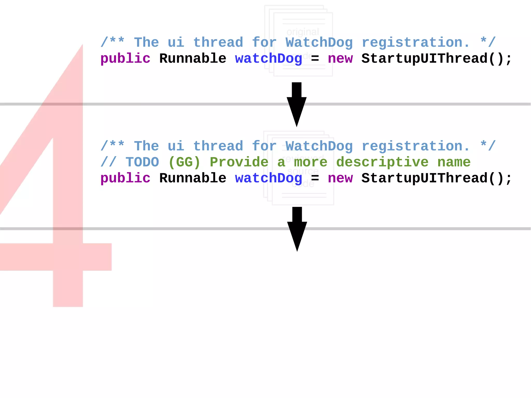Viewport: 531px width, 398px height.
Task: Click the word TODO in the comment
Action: pyautogui.click(x=142, y=162)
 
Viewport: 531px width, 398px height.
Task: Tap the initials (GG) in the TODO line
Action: pyautogui.click(x=184, y=162)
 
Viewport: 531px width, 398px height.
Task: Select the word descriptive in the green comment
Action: pyautogui.click(x=382, y=162)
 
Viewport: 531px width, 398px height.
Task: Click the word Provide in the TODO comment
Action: pyautogui.click(x=239, y=162)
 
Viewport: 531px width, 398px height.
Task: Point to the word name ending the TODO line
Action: pyautogui.click(x=454, y=162)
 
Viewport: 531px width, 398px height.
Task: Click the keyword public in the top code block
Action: pyautogui.click(x=125, y=59)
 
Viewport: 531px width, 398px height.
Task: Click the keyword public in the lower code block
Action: pyautogui.click(x=125, y=178)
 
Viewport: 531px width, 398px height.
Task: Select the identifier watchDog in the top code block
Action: pyautogui.click(x=269, y=59)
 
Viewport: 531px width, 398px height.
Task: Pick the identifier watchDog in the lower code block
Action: pyautogui.click(x=269, y=178)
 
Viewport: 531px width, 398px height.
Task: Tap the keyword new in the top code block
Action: pyautogui.click(x=340, y=59)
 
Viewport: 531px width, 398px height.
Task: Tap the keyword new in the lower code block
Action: pyautogui.click(x=340, y=178)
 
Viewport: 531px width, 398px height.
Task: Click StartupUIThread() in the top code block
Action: pyautogui.click(x=437, y=59)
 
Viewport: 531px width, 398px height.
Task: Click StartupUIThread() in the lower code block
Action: pyautogui.click(x=437, y=178)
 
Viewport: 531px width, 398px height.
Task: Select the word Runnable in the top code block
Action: pyautogui.click(x=193, y=59)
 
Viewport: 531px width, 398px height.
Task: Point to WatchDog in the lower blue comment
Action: pyautogui.click(x=319, y=146)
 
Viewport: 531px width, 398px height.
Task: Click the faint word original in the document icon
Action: pyautogui.click(x=303, y=32)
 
